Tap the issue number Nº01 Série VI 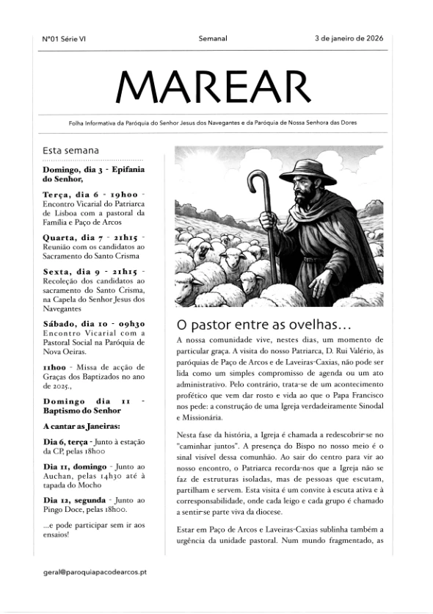point(64,38)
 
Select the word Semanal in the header point(213,38)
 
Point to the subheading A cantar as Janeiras point(81,427)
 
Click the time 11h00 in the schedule point(55,366)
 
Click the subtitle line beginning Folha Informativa point(212,123)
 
